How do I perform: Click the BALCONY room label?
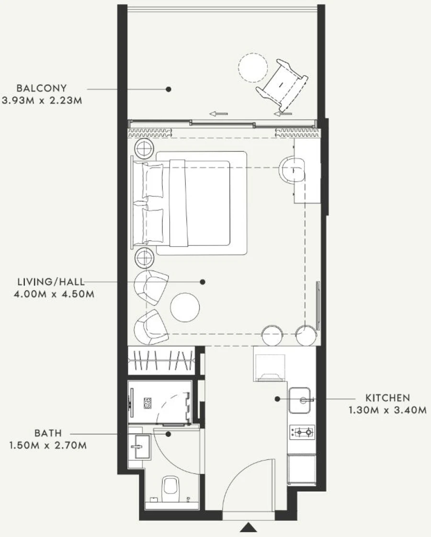(42, 88)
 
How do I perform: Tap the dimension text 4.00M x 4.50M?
(54, 294)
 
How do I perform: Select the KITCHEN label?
(387, 398)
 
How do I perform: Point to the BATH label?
(48, 433)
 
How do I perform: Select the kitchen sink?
(300, 400)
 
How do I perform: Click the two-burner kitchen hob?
(303, 432)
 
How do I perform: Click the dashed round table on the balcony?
(253, 68)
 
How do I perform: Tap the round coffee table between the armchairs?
(185, 307)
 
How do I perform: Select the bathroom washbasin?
(141, 446)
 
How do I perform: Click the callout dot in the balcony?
(168, 89)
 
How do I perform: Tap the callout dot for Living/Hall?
(203, 282)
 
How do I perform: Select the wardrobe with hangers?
(161, 360)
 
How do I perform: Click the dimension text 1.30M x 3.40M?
(387, 410)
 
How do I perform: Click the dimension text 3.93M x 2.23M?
(42, 101)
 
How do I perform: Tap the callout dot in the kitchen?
(277, 399)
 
